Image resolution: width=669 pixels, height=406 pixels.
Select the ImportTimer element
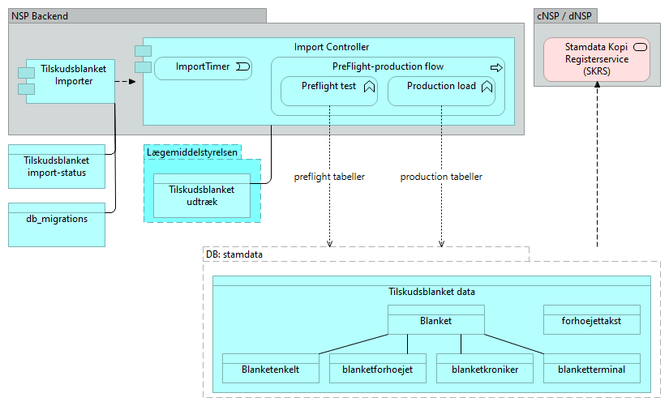(x=203, y=67)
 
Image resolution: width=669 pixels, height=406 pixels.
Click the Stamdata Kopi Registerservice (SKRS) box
(x=597, y=59)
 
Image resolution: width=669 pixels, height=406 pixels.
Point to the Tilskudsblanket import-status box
(x=56, y=166)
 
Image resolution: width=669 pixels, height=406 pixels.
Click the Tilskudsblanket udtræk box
(x=202, y=195)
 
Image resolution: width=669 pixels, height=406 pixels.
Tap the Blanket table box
(x=435, y=320)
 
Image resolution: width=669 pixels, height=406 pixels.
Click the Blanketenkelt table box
(x=270, y=369)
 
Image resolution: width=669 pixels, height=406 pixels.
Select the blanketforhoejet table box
(x=378, y=369)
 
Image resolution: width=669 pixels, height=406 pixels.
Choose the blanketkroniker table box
(x=484, y=369)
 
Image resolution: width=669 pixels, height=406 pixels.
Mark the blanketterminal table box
(x=591, y=369)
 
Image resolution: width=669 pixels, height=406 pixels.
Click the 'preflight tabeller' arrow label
(x=329, y=177)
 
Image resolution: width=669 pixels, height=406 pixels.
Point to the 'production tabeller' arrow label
(x=441, y=177)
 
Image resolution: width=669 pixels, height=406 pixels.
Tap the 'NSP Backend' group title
(x=40, y=16)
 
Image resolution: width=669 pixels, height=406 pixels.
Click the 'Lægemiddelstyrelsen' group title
(x=192, y=152)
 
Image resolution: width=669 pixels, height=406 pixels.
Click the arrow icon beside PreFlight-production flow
(x=496, y=66)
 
